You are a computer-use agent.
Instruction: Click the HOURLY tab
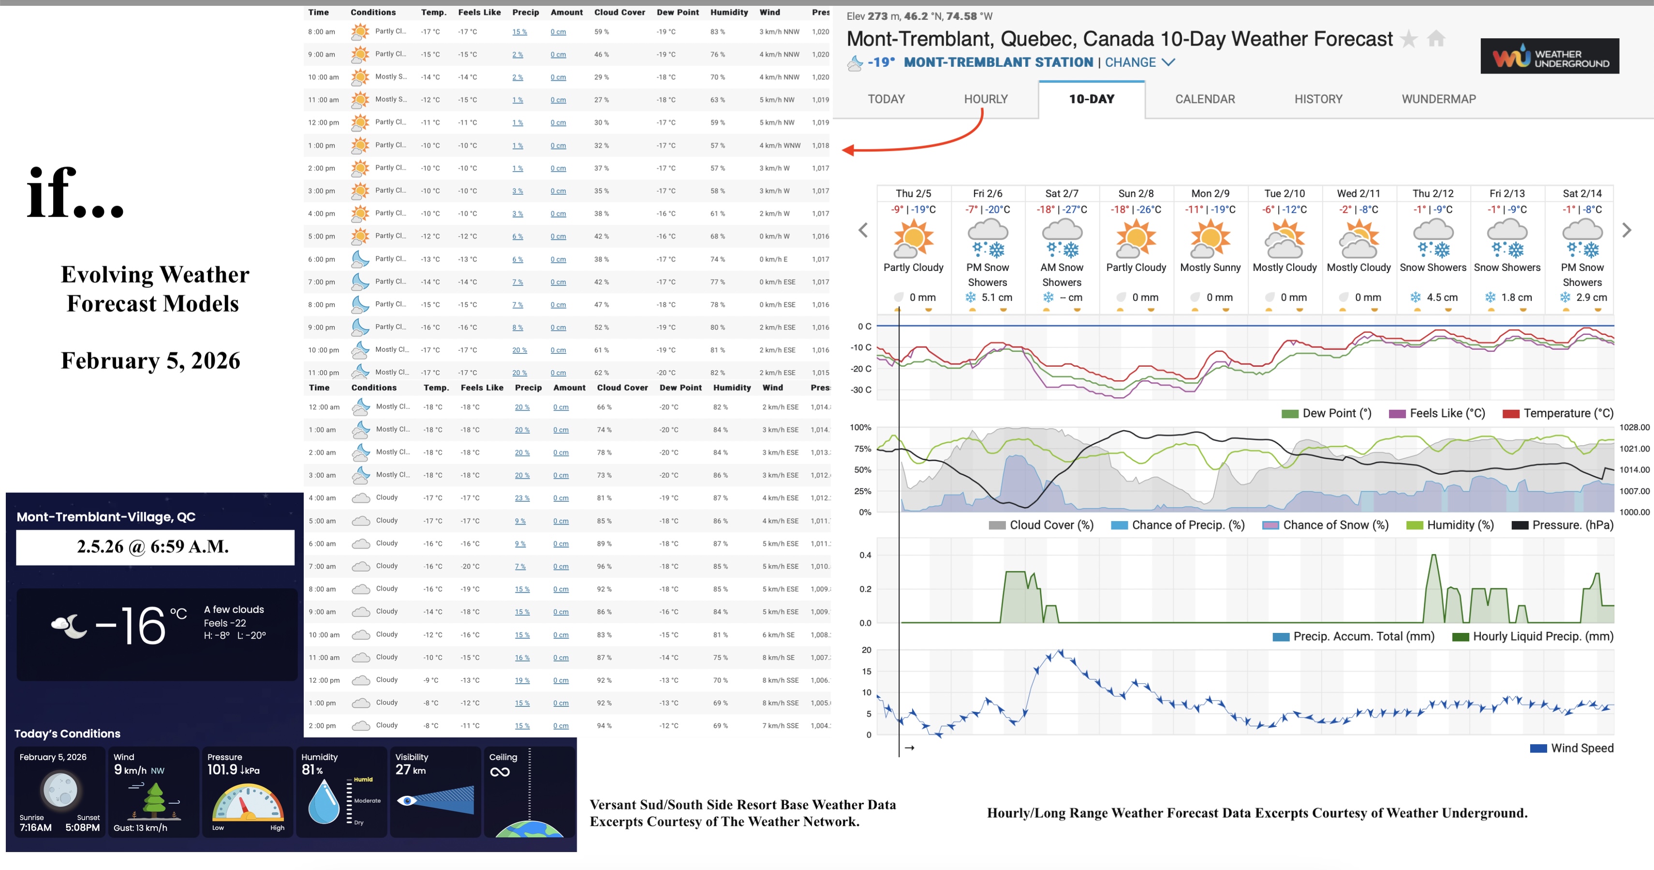point(986,99)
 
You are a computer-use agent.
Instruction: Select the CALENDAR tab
point(1205,99)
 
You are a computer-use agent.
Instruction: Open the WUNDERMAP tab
point(1438,99)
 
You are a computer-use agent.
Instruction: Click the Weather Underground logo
point(1550,57)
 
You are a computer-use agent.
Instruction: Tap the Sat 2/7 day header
point(1062,194)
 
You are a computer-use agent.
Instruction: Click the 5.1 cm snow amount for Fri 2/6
point(996,298)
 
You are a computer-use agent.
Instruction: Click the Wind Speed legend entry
point(1581,748)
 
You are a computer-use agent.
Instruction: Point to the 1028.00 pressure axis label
point(1634,427)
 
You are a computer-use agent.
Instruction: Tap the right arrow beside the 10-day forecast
point(1626,230)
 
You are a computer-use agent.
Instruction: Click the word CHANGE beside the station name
point(1131,62)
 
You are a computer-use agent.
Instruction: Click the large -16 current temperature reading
point(132,626)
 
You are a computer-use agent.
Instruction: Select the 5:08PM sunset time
point(82,827)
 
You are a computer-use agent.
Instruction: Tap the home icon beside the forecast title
point(1436,39)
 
